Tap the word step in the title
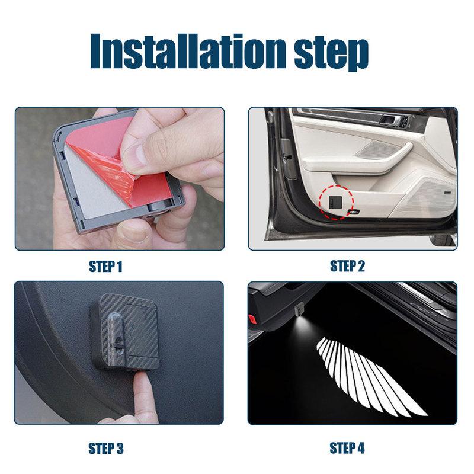[x=332, y=53]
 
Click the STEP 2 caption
[x=347, y=266]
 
